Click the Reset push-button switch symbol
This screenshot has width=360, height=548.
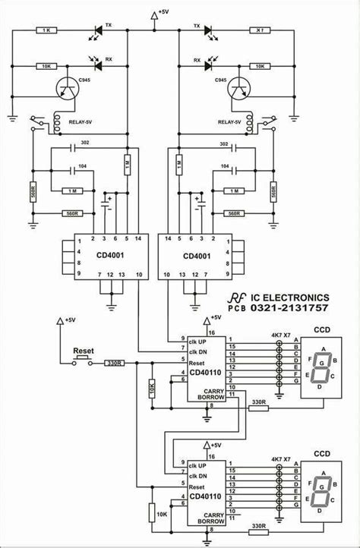pyautogui.click(x=82, y=362)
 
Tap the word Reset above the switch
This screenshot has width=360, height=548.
pyautogui.click(x=82, y=352)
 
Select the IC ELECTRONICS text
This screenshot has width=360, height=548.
pyautogui.click(x=292, y=298)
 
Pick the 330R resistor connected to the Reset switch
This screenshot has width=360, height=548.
pyautogui.click(x=115, y=364)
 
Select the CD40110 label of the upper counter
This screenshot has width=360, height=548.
pyautogui.click(x=204, y=372)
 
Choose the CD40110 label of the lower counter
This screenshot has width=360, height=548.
pyautogui.click(x=204, y=496)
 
